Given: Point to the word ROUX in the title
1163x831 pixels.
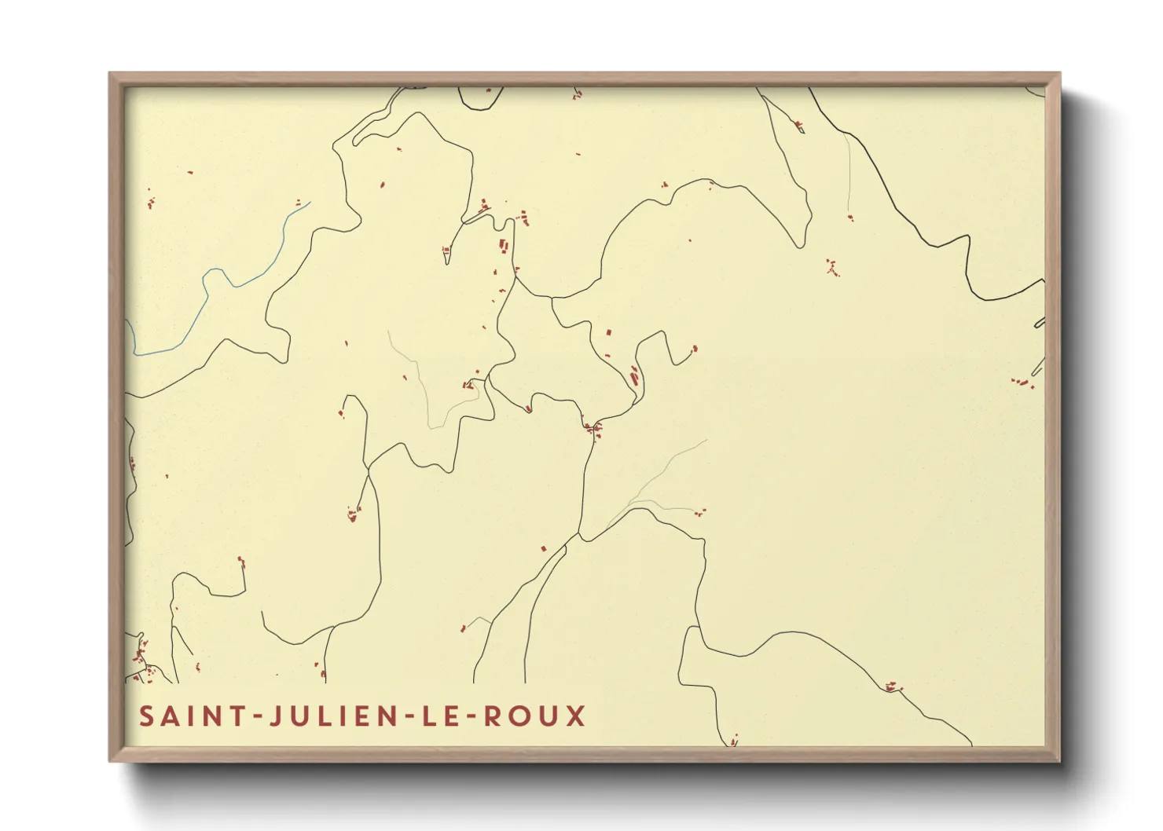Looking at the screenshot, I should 534,716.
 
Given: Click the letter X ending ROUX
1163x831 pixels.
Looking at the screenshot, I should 578,716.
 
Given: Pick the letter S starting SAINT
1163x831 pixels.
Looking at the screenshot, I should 146,716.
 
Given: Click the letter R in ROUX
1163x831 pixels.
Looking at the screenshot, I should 492,716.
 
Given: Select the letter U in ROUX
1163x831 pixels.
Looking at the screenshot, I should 549,716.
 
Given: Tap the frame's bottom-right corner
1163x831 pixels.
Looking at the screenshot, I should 1059,760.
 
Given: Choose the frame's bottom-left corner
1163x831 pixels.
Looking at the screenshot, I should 110,760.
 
